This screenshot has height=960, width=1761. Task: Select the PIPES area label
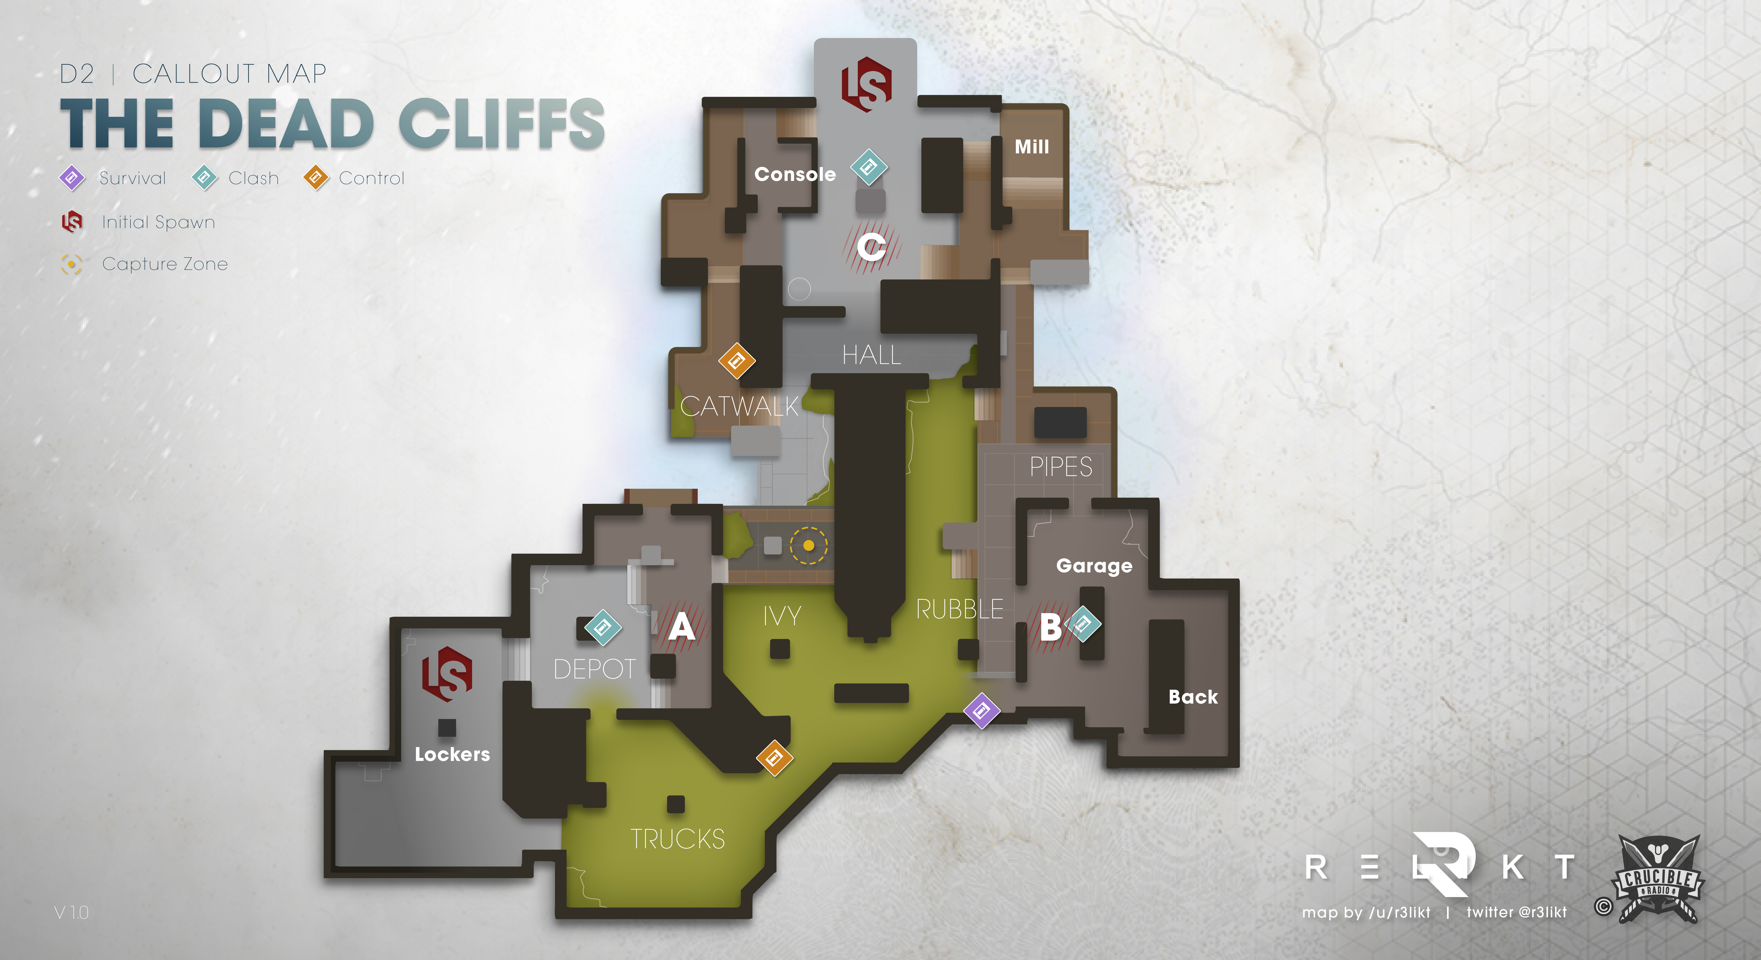[1061, 467]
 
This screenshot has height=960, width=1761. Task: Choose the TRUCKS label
[678, 839]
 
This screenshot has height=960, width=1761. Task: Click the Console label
[795, 174]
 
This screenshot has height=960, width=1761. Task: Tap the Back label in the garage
[1193, 697]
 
